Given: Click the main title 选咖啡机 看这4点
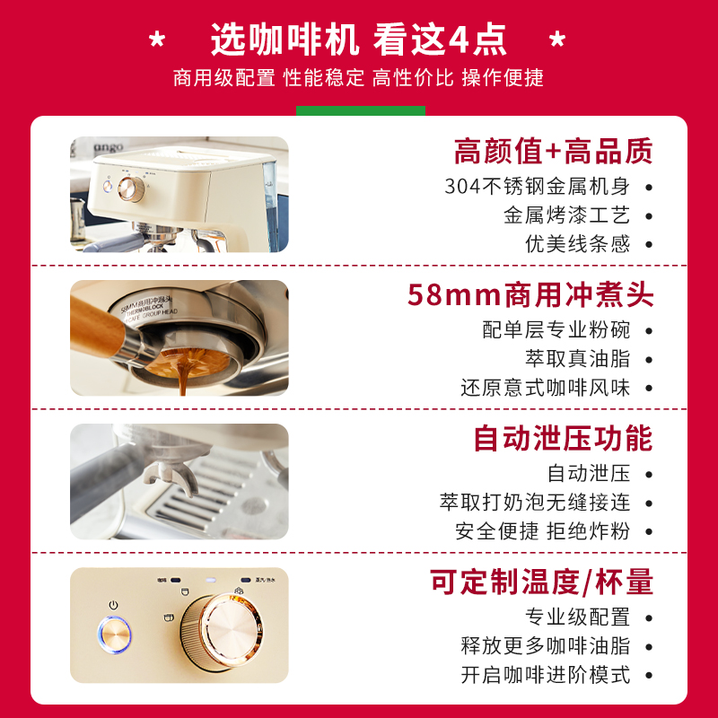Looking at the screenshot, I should [x=359, y=39].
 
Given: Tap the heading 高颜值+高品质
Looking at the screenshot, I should [x=553, y=151].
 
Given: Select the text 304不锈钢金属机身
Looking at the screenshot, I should [x=537, y=187].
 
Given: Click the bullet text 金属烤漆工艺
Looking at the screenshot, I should [x=566, y=215].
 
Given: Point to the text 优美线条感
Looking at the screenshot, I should [x=578, y=243].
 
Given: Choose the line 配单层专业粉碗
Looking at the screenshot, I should [x=556, y=329].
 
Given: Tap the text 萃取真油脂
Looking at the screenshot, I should [x=578, y=358].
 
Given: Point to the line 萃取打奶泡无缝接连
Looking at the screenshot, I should [x=535, y=502].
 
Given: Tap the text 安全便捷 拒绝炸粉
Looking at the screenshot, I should [x=542, y=530].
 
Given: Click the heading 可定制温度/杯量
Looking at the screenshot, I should [x=541, y=582].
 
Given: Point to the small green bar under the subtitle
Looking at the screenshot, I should [x=360, y=110].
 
